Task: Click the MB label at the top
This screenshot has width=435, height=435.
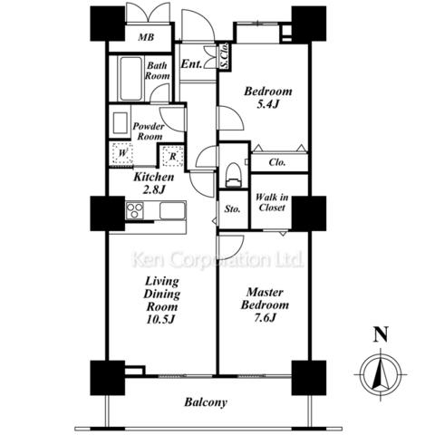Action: (x=146, y=37)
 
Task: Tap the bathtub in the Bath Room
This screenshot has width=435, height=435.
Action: (x=130, y=79)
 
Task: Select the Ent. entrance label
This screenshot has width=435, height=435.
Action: (x=191, y=64)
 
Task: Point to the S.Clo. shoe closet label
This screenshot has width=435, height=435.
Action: (x=225, y=56)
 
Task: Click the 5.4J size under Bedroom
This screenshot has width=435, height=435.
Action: (x=267, y=104)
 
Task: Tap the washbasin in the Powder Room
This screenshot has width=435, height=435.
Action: (x=121, y=122)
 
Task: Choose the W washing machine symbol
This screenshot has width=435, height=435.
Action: (x=122, y=153)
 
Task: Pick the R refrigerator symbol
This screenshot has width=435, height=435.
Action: (x=172, y=156)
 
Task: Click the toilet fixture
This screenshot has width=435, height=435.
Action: (x=234, y=175)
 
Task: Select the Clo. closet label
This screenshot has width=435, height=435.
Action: (x=277, y=162)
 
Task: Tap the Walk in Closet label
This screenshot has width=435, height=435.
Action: (x=272, y=202)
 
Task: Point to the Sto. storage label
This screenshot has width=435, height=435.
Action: (x=232, y=209)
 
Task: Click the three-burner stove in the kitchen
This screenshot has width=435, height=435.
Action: (x=135, y=210)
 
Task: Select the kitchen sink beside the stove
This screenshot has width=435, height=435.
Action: (x=172, y=210)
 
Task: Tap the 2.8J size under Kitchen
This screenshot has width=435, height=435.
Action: (x=154, y=190)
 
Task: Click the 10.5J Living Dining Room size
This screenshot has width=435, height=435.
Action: (x=160, y=319)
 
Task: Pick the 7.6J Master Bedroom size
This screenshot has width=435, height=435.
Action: (x=265, y=318)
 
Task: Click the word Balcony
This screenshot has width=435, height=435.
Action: (x=206, y=402)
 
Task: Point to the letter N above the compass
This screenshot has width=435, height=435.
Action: (x=381, y=334)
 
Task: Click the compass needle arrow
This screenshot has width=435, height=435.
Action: (x=381, y=372)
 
